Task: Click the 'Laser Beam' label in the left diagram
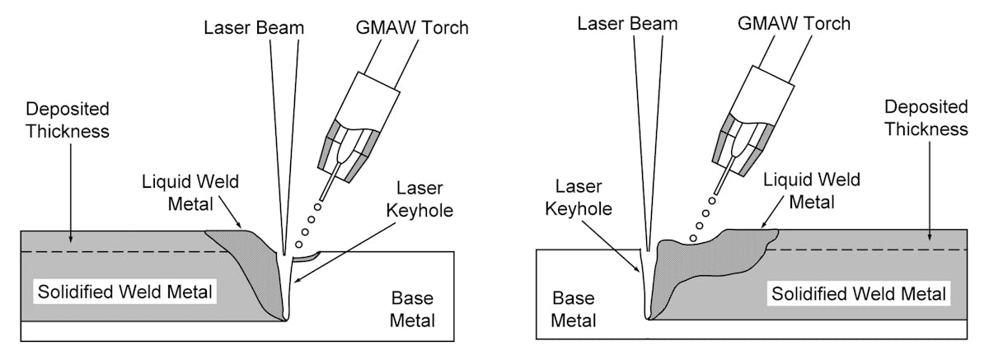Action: tap(254, 27)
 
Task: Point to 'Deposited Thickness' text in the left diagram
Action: tap(68, 120)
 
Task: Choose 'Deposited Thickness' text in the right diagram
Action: tap(926, 118)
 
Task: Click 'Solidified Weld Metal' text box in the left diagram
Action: tap(124, 291)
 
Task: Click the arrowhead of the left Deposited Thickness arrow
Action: tap(70, 247)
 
